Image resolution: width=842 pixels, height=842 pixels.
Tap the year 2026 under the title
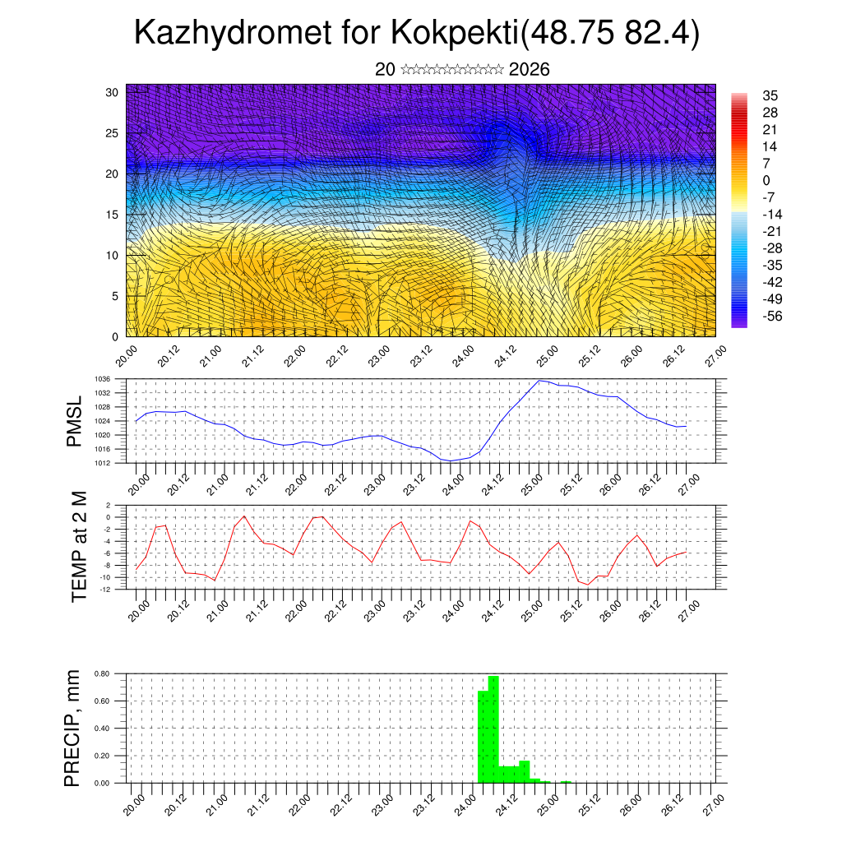[x=530, y=70]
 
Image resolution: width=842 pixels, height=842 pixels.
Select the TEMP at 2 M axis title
[x=79, y=547]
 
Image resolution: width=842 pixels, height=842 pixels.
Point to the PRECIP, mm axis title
[x=73, y=729]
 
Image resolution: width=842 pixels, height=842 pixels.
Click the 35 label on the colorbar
[x=770, y=95]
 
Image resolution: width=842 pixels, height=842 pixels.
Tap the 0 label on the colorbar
[x=766, y=180]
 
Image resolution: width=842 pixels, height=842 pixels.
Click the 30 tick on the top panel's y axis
[x=112, y=92]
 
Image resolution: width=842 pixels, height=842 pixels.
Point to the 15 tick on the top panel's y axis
[x=112, y=215]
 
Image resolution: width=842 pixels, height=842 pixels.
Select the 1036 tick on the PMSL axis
[x=103, y=379]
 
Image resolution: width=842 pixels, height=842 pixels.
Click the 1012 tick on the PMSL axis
[x=103, y=463]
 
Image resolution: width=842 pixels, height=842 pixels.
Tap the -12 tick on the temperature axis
[x=105, y=589]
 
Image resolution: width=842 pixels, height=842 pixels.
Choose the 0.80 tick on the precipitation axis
[x=102, y=673]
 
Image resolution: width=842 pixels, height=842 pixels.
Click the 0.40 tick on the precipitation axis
[x=102, y=729]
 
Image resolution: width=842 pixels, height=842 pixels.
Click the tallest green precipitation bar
[x=493, y=728]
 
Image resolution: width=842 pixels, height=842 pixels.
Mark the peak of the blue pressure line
[x=539, y=380]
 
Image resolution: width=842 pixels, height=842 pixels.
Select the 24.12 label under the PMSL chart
[x=493, y=483]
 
